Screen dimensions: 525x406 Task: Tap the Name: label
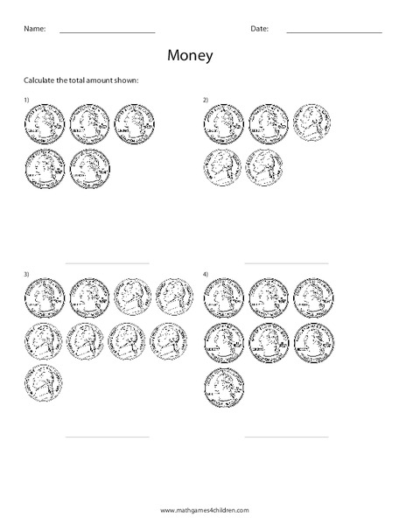pyautogui.click(x=33, y=28)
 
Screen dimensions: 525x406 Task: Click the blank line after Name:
pyautogui.click(x=107, y=32)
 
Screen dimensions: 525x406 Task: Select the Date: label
pyautogui.click(x=259, y=28)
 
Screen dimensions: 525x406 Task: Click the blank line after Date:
pyautogui.click(x=334, y=32)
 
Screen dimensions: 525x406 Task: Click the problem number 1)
pyautogui.click(x=26, y=101)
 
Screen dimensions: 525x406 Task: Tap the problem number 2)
pyautogui.click(x=206, y=101)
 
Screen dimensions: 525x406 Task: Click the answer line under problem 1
pyautogui.click(x=107, y=262)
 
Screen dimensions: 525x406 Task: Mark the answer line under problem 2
pyautogui.click(x=286, y=262)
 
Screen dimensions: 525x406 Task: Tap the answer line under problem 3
pyautogui.click(x=107, y=436)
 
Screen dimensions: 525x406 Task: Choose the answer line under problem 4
pyautogui.click(x=286, y=436)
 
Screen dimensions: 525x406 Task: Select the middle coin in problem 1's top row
pyautogui.click(x=89, y=124)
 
